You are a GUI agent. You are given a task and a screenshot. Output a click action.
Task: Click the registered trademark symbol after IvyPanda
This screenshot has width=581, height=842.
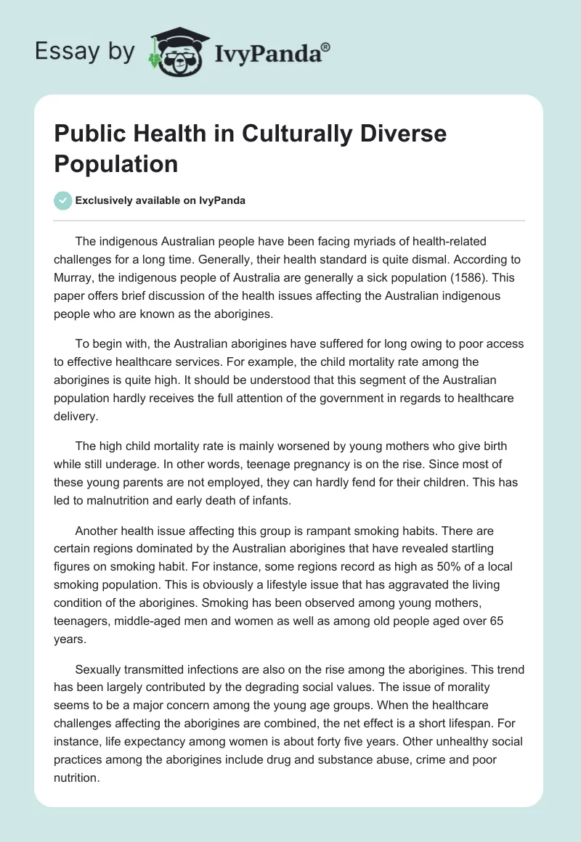click(x=326, y=46)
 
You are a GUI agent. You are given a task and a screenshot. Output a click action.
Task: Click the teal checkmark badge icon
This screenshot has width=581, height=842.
click(x=62, y=200)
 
